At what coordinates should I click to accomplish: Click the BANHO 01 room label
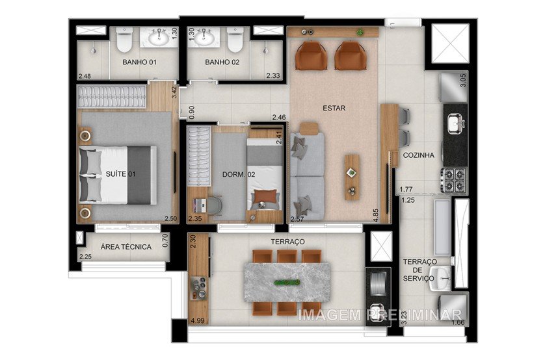coord(139,62)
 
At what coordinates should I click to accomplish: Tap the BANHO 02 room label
coord(222,62)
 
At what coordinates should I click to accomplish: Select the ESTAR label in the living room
coord(333,109)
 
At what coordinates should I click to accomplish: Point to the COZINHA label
coord(419,155)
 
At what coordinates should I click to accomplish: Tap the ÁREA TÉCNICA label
coord(127,247)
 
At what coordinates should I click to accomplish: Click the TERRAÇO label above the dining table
coord(287,241)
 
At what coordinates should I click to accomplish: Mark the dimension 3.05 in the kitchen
coord(462,81)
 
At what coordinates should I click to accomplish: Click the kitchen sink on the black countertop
coord(455,121)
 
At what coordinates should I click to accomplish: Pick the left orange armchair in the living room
coord(308,56)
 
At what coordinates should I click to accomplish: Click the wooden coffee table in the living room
coord(352,176)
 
